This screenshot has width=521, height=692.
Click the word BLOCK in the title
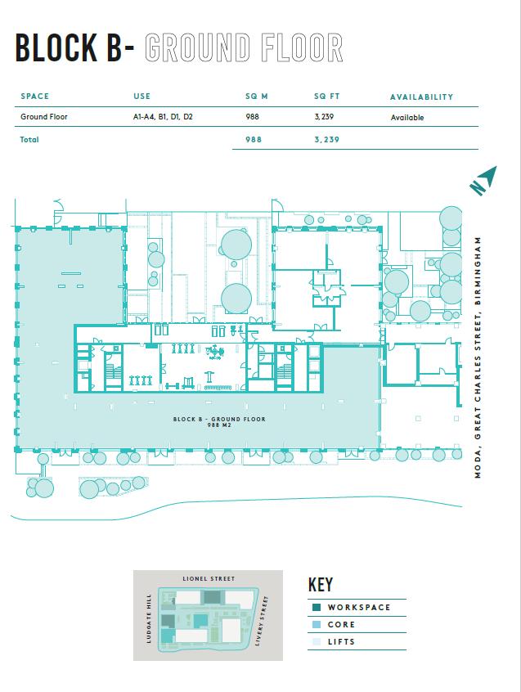point(56,47)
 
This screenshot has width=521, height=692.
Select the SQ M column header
point(256,97)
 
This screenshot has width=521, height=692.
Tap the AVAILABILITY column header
point(421,97)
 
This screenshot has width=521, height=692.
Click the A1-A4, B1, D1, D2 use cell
point(163,117)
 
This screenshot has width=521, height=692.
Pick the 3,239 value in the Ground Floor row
point(324,117)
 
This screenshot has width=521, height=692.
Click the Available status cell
point(407,118)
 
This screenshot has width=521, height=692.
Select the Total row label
point(29,139)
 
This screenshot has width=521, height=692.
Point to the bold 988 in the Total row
point(254,139)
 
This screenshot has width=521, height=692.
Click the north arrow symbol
point(483,180)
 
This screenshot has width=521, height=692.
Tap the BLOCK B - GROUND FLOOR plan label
point(219,419)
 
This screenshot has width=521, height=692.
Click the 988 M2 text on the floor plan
point(219,425)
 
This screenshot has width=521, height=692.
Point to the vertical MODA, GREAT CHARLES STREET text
point(478,357)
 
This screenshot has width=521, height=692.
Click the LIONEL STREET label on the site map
point(209,578)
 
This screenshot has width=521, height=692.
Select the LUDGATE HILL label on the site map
point(149,618)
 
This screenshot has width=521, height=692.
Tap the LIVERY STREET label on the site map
point(262,621)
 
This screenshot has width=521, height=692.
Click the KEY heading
point(321,585)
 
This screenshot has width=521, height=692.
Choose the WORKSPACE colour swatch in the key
point(316,607)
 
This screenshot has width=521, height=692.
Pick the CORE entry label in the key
point(341,624)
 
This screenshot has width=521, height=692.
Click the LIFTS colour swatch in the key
point(316,641)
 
